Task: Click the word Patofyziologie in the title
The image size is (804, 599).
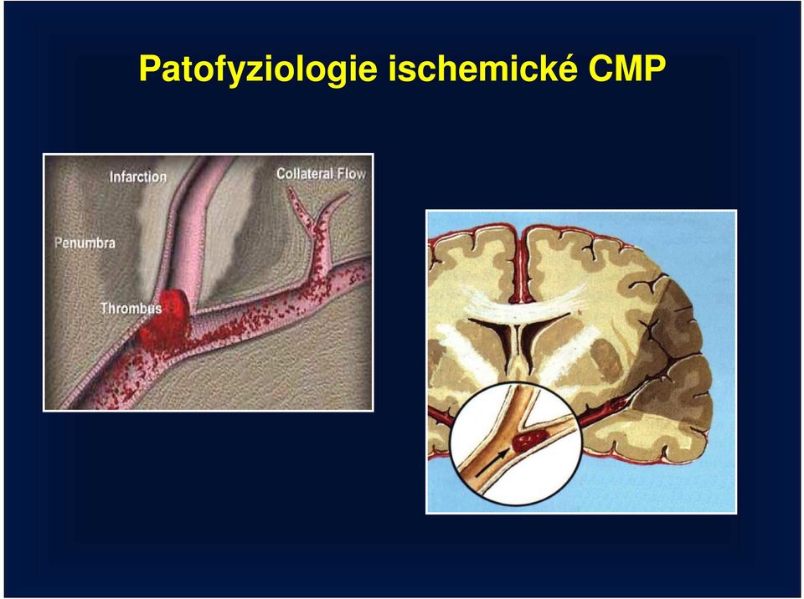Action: (258, 69)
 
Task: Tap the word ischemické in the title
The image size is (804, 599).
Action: (482, 68)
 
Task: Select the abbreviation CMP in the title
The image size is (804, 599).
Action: (627, 68)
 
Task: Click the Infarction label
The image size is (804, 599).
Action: (138, 177)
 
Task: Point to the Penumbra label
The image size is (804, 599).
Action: (85, 243)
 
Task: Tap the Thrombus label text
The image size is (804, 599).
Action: (131, 308)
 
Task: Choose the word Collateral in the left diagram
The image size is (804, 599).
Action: (305, 174)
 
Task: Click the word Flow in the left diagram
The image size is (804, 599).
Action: (351, 174)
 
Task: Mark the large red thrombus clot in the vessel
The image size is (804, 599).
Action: (165, 320)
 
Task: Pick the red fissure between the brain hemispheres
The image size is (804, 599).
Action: (522, 266)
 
